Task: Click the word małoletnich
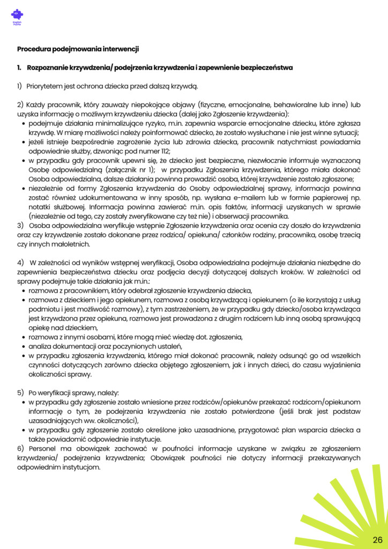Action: pyautogui.click(x=71, y=244)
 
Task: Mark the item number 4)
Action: pyautogui.click(x=21, y=262)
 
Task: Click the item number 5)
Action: pyautogui.click(x=21, y=392)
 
